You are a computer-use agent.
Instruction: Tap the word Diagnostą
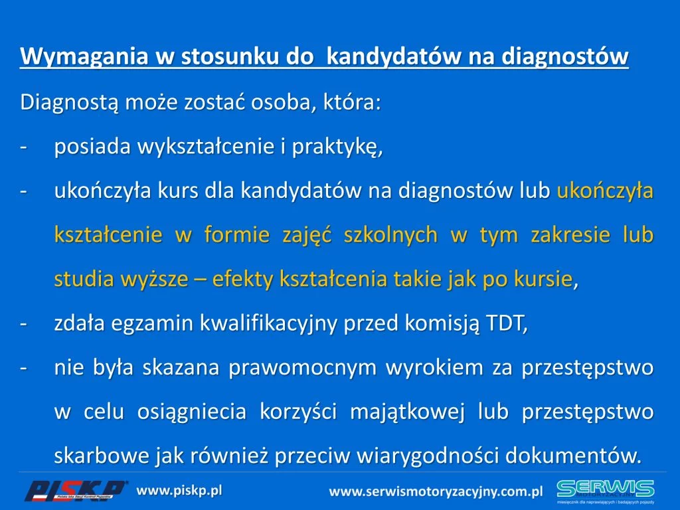coord(69,103)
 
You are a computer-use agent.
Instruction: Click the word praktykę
coord(337,147)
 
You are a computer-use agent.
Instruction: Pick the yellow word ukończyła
coord(605,191)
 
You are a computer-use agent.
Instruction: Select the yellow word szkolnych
coord(390,236)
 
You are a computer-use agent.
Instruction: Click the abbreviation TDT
coord(507,323)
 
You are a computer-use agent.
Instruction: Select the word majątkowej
coord(407,412)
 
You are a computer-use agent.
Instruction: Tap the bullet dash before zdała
coord(24,324)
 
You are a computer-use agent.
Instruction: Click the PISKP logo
coord(76,491)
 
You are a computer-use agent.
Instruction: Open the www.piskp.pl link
coord(179,491)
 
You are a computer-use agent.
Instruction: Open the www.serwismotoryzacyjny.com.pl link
coord(436,492)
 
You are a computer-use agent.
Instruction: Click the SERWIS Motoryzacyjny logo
coord(606,491)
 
